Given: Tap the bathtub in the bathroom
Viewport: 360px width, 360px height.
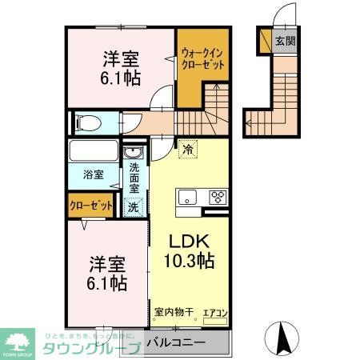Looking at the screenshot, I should point(94,151).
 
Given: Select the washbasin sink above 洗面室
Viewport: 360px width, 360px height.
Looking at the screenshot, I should point(133,153).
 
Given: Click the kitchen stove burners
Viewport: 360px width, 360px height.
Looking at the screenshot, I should point(218,197).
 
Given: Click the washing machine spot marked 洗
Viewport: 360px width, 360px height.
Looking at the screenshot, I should point(134,206).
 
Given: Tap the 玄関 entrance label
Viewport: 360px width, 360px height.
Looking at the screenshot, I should point(283,40).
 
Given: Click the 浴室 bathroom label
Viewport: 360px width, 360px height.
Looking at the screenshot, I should point(93,174).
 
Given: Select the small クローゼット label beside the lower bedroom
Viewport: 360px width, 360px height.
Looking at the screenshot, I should point(90,206).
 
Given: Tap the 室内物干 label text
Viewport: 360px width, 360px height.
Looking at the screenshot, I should point(171,313).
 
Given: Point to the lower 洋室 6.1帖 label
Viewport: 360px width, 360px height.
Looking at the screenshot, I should point(105,271).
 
